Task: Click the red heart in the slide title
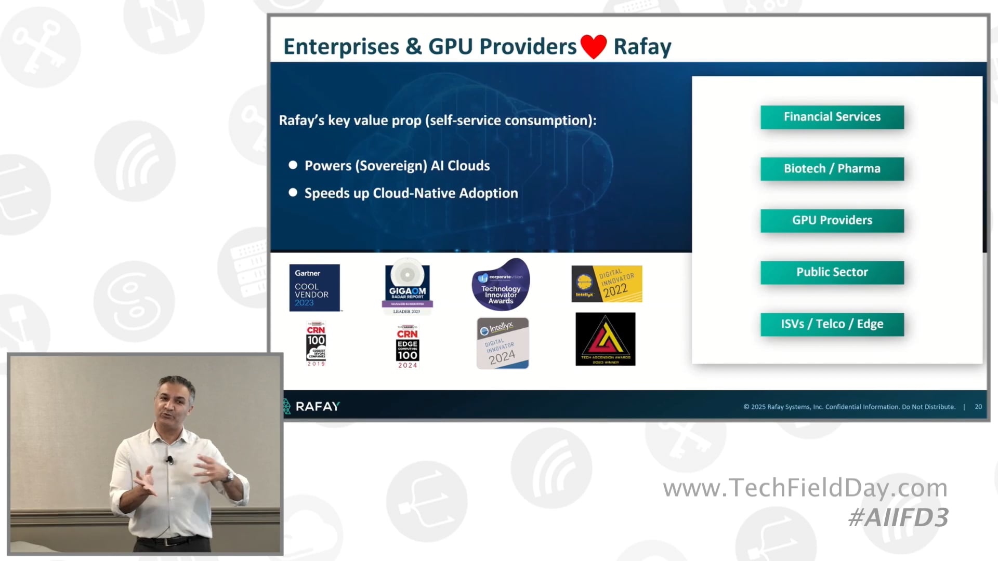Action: click(594, 47)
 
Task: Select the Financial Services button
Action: click(832, 117)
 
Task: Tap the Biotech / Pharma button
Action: click(832, 169)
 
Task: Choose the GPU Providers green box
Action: click(832, 220)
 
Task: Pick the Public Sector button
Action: click(832, 272)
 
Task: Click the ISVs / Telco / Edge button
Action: click(832, 324)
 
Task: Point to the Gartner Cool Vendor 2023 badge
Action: click(314, 288)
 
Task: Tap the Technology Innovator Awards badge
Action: click(501, 285)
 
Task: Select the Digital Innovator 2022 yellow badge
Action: click(607, 284)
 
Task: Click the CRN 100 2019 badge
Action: click(316, 344)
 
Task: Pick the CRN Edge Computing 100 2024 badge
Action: click(408, 346)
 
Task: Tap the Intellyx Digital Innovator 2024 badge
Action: click(502, 343)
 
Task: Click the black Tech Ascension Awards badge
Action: click(605, 339)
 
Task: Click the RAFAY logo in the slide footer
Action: click(311, 406)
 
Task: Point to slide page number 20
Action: click(978, 407)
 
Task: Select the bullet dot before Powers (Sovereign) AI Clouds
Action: click(293, 165)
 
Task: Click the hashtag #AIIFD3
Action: click(898, 517)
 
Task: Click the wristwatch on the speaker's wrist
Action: click(229, 475)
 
